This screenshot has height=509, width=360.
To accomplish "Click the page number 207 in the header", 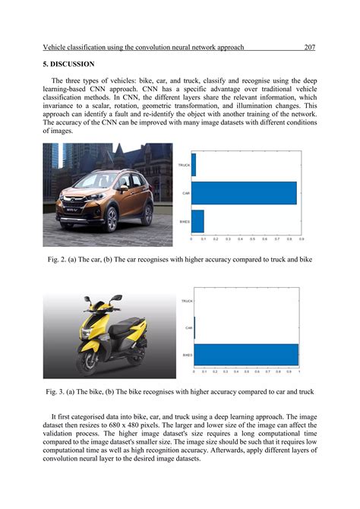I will [x=309, y=47].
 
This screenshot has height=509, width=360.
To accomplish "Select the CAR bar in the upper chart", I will [x=243, y=193].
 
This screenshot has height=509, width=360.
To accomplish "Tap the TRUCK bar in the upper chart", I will [x=194, y=165].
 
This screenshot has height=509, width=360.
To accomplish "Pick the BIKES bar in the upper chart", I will [x=197, y=221].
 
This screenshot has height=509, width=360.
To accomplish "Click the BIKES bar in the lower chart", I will [x=246, y=355].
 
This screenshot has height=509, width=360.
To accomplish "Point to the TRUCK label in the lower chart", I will [x=187, y=301].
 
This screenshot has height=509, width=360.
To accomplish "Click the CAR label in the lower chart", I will [x=189, y=328].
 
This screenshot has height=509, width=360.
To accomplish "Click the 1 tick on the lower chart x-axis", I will [x=298, y=371].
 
